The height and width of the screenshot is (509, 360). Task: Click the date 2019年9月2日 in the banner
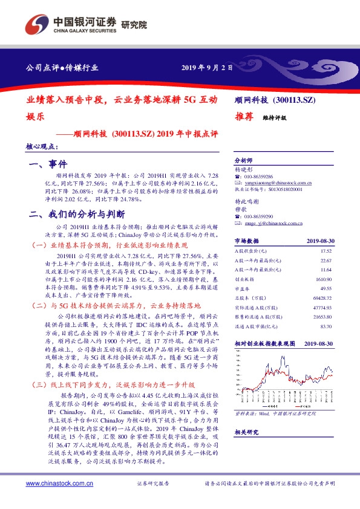(x=207, y=68)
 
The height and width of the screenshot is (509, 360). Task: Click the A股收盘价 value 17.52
(x=342, y=250)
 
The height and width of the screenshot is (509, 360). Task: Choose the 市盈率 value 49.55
(x=342, y=289)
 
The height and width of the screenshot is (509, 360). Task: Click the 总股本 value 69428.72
(x=339, y=299)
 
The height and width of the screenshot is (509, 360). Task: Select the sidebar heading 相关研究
(x=247, y=432)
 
